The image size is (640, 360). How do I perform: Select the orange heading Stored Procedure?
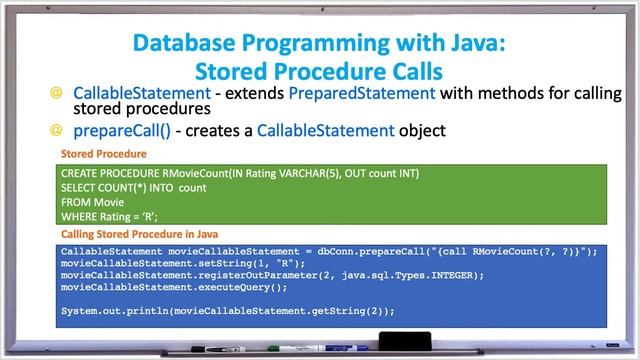(104, 155)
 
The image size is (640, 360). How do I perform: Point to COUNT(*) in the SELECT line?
(123, 187)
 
